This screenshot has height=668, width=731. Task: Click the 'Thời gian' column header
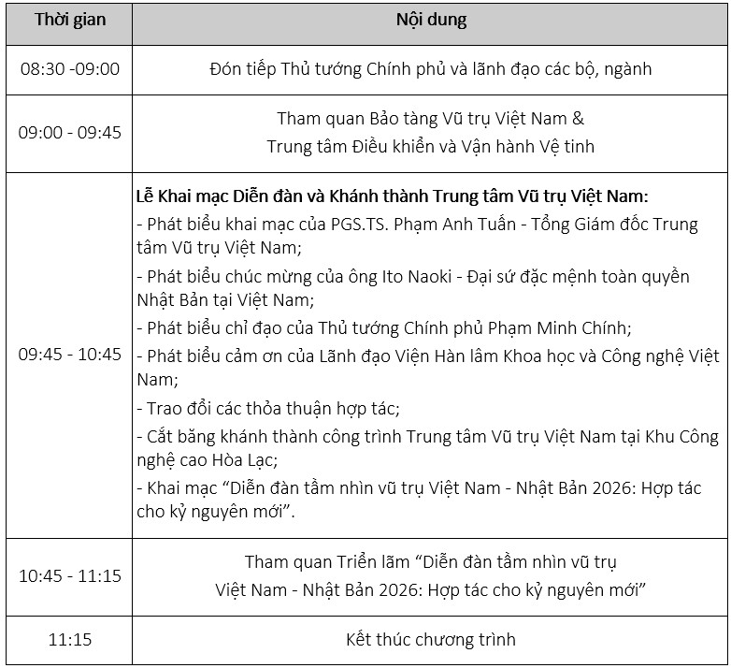tap(70, 21)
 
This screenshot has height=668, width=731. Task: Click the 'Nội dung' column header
tap(430, 21)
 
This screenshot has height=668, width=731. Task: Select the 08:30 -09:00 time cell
tap(70, 69)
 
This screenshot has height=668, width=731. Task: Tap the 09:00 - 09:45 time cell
tap(70, 132)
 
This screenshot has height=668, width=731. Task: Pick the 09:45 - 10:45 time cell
tap(70, 355)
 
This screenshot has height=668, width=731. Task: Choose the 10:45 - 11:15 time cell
tap(70, 575)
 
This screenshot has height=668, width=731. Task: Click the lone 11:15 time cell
tap(70, 640)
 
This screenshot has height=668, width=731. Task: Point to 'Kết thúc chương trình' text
tap(430, 640)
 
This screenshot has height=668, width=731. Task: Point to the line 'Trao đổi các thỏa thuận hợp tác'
tap(267, 408)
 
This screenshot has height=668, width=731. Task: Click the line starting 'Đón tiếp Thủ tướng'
tap(430, 69)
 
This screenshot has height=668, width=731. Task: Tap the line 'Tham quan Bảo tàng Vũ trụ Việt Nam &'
tap(430, 119)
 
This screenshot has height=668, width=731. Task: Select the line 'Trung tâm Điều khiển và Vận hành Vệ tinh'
tap(430, 146)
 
